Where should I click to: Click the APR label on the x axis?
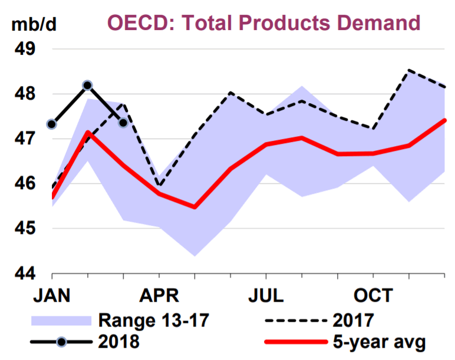click(159, 296)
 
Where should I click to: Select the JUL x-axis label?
click(266, 296)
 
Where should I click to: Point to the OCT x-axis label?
click(374, 296)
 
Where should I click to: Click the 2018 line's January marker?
click(52, 124)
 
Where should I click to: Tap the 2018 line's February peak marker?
click(87, 85)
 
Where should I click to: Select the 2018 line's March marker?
click(123, 123)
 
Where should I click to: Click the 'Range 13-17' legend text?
click(153, 321)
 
